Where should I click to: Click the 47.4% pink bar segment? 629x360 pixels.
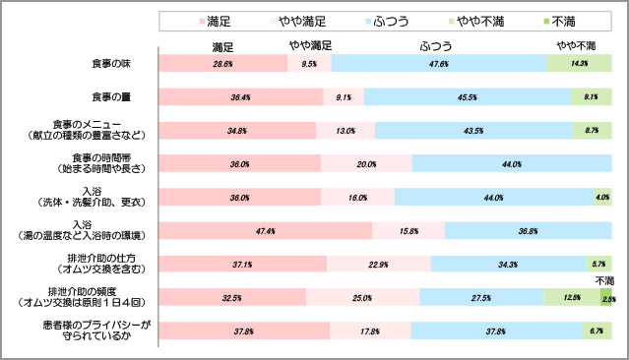tap(265, 231)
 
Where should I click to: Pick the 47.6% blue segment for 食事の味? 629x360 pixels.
tap(439, 63)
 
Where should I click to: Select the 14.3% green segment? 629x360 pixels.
tap(579, 63)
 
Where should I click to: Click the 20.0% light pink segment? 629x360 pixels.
tap(366, 164)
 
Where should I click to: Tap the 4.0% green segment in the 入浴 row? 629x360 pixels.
tap(602, 198)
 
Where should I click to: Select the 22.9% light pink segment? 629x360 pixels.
tap(378, 264)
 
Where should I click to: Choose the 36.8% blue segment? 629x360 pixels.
tap(528, 231)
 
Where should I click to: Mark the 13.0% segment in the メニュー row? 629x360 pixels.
tap(346, 130)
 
